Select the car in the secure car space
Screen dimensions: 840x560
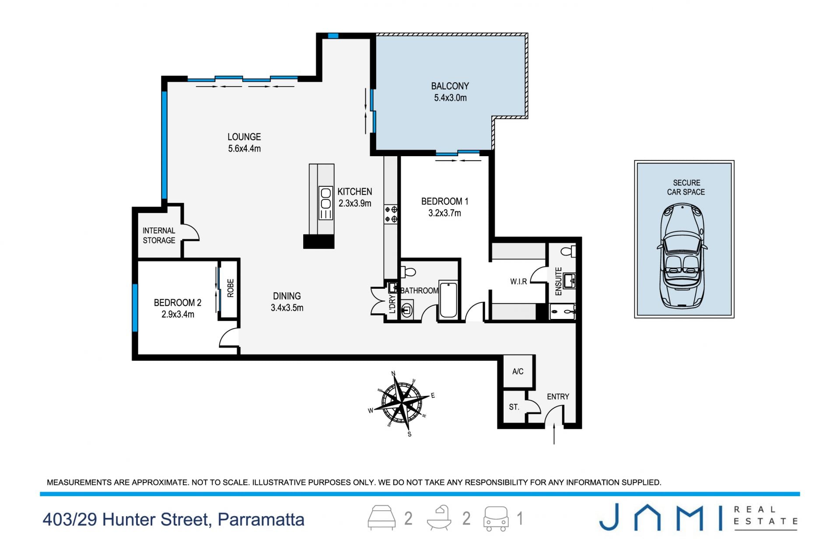[683, 255]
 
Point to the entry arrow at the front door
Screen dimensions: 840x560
[554, 433]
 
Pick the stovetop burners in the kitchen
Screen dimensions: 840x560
[391, 214]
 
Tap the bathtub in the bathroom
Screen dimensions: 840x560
[448, 300]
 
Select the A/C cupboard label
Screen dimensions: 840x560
[518, 371]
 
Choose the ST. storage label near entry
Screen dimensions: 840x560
[514, 407]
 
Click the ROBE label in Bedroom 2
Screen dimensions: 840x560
[231, 288]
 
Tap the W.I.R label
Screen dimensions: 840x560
[518, 282]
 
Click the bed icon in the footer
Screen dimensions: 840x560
[381, 518]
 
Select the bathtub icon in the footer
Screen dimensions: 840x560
[439, 518]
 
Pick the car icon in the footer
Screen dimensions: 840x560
[496, 519]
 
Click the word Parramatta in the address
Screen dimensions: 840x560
[261, 520]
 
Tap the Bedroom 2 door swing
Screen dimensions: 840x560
[229, 338]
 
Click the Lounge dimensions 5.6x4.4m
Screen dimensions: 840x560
[244, 149]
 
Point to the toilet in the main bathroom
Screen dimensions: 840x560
[408, 272]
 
